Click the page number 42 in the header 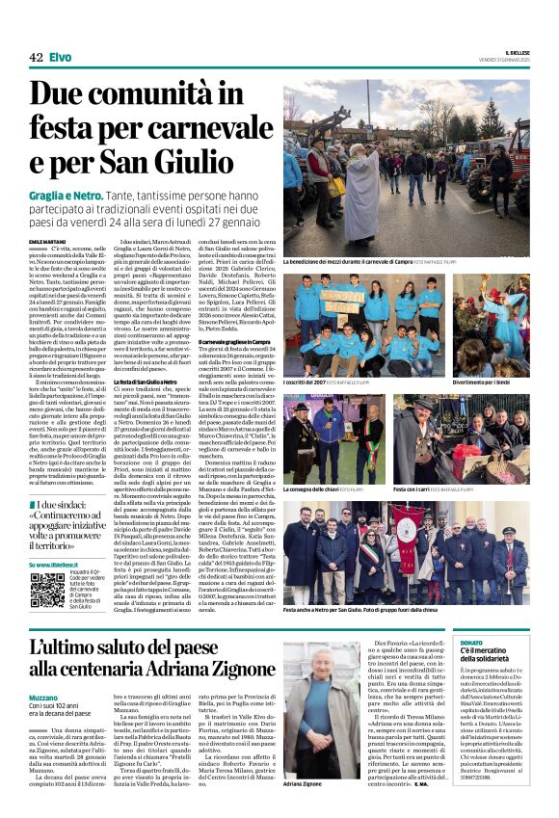point(36,58)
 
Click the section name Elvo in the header point(60,58)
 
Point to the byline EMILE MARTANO point(49,240)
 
